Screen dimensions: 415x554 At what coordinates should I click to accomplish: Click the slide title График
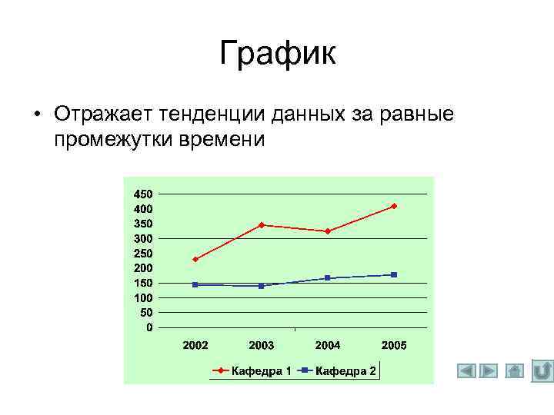(x=277, y=54)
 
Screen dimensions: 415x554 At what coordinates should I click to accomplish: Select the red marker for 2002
(x=195, y=259)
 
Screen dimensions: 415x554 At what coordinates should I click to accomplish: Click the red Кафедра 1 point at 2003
(x=262, y=225)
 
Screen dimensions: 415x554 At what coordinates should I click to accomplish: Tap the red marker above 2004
(x=328, y=231)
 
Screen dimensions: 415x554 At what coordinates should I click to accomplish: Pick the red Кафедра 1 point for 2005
(x=394, y=206)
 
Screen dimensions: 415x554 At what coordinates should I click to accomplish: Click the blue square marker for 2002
(x=195, y=284)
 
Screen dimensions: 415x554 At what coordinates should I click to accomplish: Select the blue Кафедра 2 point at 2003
(x=262, y=286)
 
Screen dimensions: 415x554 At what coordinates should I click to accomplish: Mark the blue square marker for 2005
(x=394, y=274)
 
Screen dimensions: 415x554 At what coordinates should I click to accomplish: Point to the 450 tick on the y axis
(x=143, y=194)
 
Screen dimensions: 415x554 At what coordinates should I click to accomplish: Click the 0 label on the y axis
(x=149, y=327)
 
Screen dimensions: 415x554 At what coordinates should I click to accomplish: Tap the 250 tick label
(x=143, y=253)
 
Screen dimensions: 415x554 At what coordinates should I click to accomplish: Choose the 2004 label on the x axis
(x=328, y=346)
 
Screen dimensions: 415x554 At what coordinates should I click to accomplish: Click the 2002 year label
(x=195, y=346)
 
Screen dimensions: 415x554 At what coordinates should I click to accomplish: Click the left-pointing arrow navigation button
(x=466, y=371)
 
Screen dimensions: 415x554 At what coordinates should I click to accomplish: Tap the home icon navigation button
(x=515, y=371)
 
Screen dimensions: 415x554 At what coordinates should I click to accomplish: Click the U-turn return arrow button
(x=542, y=371)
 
